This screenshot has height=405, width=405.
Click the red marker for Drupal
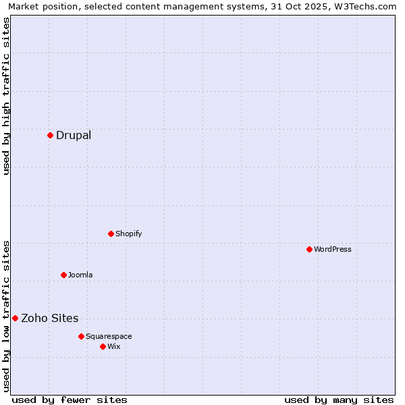coord(50,135)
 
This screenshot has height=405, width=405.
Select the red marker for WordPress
coord(309,249)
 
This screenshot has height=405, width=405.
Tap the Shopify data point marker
coord(111,234)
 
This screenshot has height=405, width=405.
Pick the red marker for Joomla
coord(63,275)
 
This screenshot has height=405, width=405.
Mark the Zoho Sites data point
coord(15,318)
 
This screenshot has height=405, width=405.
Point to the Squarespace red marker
coord(81,336)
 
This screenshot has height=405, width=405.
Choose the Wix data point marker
coord(103,346)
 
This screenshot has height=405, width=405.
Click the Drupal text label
coord(74,135)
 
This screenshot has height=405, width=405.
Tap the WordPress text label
coord(333,249)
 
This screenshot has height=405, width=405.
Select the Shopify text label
coord(128,234)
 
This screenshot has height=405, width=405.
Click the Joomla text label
coord(80,275)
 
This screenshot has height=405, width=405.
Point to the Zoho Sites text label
coord(50,318)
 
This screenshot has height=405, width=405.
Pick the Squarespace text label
coord(109,336)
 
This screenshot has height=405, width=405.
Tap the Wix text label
coord(113,346)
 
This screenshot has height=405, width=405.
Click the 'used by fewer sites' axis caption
coord(70,400)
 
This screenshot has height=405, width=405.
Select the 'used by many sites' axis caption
coord(339,400)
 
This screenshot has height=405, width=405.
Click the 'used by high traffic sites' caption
coord(7,96)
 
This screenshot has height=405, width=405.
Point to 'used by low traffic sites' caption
coord(7,316)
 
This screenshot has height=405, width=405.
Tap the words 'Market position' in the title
coord(40,6)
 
